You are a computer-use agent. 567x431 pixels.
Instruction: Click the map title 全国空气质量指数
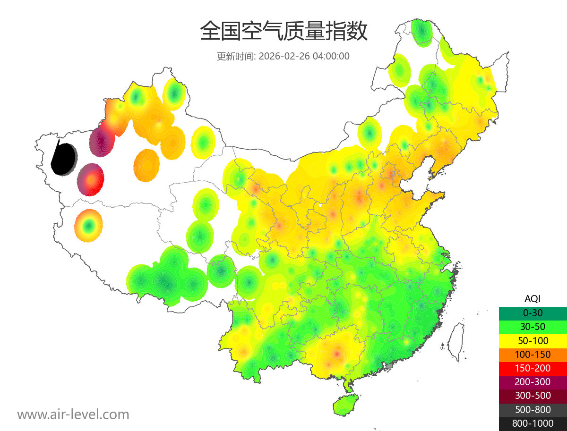click(283, 32)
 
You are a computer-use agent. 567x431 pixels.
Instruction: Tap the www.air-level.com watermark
click(73, 414)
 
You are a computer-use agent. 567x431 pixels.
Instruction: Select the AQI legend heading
click(533, 298)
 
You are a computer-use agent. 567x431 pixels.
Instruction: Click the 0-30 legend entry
click(533, 313)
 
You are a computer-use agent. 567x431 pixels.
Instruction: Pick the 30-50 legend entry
click(533, 326)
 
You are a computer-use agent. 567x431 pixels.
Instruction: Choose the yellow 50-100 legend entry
click(533, 340)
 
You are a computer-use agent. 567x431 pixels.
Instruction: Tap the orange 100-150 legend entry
click(533, 354)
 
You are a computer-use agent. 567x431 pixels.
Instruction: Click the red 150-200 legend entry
click(533, 368)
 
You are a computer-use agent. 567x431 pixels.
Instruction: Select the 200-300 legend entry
click(533, 381)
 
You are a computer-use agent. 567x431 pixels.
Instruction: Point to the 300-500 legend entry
click(533, 396)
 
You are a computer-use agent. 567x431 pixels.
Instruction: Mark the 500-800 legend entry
click(533, 410)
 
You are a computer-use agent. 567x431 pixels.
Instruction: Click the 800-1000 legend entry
click(533, 423)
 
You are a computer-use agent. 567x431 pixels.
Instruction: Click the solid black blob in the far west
click(64, 159)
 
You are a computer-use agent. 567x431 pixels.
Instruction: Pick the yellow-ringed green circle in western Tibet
click(88, 226)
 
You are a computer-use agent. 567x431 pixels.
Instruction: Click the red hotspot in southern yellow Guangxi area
click(336, 353)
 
